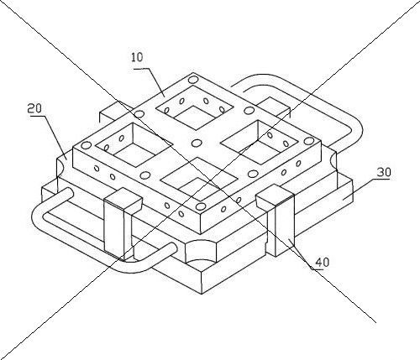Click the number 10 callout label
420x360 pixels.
[x=137, y=57]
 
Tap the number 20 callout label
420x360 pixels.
[x=34, y=109]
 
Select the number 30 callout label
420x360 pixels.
[x=384, y=172]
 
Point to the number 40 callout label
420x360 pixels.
[x=323, y=263]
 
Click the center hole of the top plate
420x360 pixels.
[x=197, y=143]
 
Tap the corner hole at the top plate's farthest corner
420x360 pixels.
[x=192, y=80]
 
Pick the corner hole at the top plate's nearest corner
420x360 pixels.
[x=201, y=206]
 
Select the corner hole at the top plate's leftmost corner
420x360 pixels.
[x=87, y=145]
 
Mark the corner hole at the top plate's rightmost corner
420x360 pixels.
[x=308, y=140]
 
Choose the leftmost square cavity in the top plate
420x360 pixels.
[x=134, y=145]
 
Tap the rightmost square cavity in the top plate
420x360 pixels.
[x=260, y=143]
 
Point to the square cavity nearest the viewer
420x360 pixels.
[x=199, y=178]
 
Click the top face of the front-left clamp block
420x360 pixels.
[x=123, y=199]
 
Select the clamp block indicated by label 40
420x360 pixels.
[x=276, y=220]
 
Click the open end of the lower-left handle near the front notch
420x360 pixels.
[x=173, y=248]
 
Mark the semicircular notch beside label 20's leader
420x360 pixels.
[x=60, y=169]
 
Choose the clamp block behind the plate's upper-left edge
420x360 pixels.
[x=116, y=112]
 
